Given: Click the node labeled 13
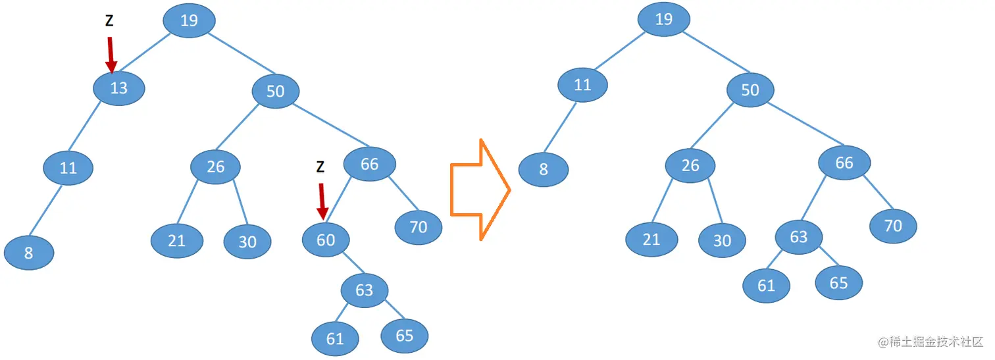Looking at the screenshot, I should [x=118, y=88].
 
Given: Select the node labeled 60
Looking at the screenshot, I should [x=326, y=240].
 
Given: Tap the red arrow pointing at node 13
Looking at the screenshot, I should [x=111, y=54].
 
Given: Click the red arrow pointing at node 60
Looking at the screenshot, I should [x=322, y=201].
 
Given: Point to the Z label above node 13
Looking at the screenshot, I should [x=109, y=21].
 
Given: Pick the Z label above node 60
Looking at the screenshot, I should [x=320, y=167].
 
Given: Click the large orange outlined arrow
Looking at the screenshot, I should [x=480, y=190].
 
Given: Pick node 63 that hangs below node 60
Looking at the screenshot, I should [x=364, y=290].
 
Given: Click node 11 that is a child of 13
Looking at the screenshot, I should [x=68, y=168].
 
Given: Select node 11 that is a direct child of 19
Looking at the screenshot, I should [x=582, y=85].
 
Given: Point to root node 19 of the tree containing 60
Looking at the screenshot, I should [x=189, y=20].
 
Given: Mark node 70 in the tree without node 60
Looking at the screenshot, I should [x=892, y=226].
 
